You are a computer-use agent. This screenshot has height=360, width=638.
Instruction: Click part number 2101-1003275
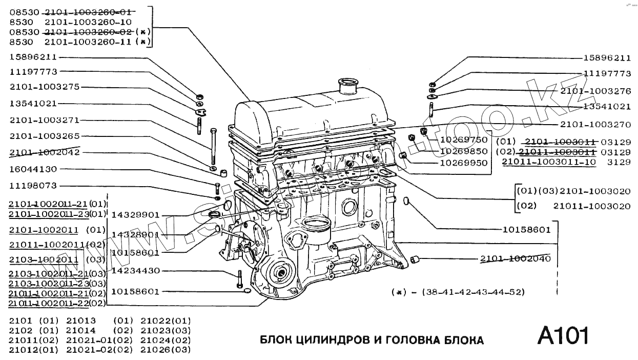coord(45,87)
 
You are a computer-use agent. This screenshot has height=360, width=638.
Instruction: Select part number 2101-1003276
coord(595,91)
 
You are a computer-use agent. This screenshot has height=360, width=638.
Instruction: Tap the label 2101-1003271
coord(45,120)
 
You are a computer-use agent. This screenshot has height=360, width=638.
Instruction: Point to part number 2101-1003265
coord(45,136)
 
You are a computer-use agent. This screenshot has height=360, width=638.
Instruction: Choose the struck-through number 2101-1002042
coord(45,153)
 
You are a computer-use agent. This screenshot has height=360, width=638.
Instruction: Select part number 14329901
coord(135,215)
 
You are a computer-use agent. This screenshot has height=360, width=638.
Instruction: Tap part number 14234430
coord(135,270)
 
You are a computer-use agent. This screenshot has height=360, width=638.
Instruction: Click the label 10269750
coord(464,139)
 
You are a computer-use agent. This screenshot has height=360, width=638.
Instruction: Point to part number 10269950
coord(464,163)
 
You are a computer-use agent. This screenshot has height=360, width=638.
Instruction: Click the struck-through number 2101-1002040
coord(516,258)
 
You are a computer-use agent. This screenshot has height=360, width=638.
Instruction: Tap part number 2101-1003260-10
coord(88,22)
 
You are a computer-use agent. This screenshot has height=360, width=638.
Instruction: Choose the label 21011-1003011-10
coord(549,162)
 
